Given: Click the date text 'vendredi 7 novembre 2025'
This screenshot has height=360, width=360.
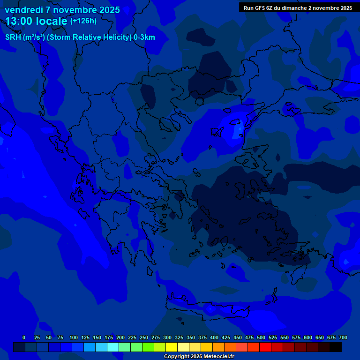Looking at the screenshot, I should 62,10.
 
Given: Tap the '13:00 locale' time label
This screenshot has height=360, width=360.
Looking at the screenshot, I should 36,21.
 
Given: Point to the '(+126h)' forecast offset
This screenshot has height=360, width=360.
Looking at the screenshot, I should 83,21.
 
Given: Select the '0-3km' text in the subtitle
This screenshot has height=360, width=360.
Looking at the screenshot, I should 144,37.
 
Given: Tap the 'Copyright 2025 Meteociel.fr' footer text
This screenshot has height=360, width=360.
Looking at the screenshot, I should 199,356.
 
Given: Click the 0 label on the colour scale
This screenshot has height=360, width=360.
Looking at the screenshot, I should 24,337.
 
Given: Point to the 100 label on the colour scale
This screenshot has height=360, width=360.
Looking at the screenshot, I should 74,337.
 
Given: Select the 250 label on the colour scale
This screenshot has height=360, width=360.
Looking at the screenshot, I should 144,337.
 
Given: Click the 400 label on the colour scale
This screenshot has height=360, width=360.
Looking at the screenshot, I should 214,337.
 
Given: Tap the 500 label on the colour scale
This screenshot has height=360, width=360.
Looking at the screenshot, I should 261,337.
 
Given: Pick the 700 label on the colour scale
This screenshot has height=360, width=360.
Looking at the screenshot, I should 343,337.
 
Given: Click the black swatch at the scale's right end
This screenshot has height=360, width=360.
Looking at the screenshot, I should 336,347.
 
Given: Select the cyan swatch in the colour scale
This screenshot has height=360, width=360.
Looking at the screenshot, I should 113,347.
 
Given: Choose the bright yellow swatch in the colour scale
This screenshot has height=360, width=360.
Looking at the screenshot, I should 172,347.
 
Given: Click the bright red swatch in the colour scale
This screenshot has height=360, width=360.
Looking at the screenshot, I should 265,347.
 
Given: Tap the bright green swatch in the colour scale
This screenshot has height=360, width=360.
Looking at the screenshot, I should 148,347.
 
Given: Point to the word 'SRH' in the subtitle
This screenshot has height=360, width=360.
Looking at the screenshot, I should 13,37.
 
